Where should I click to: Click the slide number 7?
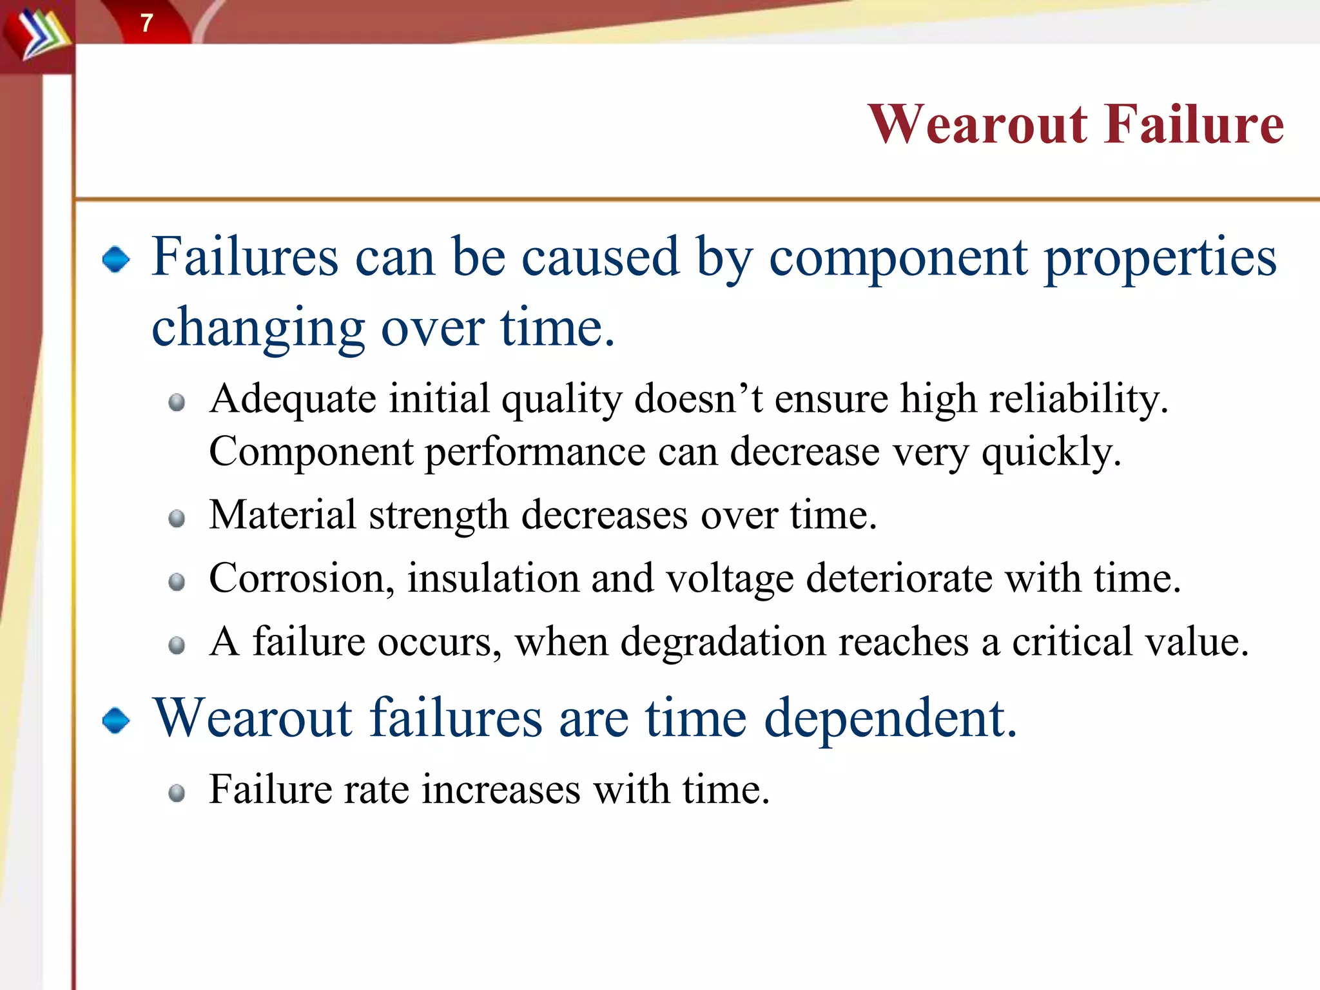[147, 23]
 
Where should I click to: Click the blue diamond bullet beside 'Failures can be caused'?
[116, 259]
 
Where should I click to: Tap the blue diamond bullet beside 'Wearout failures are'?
[116, 720]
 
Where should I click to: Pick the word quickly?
[1051, 452]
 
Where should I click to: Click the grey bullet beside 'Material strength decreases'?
[177, 518]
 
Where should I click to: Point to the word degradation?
[723, 643]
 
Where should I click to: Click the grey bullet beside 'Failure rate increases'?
[177, 792]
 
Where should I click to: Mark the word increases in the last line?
[501, 790]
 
